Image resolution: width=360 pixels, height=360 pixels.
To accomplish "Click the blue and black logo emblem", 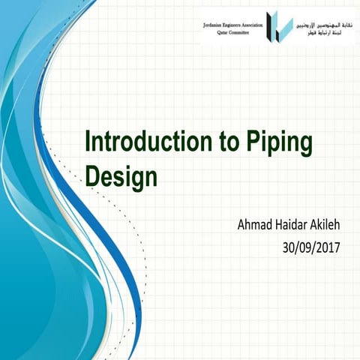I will (x=280, y=25).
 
